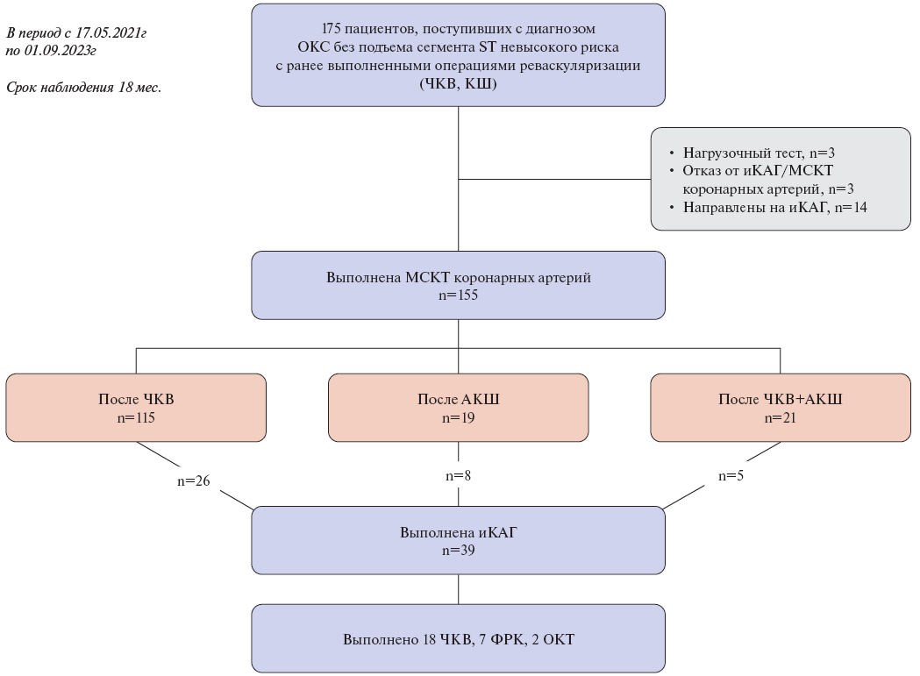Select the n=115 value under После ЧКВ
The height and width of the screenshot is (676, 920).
pyautogui.click(x=136, y=417)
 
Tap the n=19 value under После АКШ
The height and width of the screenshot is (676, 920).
pyautogui.click(x=459, y=417)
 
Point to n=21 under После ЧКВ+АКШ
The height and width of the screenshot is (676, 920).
pyautogui.click(x=781, y=417)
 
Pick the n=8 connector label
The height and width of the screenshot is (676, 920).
pyautogui.click(x=459, y=476)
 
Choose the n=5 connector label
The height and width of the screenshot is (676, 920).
pyautogui.click(x=731, y=476)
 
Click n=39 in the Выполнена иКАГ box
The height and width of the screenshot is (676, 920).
pyautogui.click(x=459, y=551)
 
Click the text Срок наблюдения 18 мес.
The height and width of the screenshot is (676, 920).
pyautogui.click(x=83, y=88)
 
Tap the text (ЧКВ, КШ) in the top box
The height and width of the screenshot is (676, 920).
pyautogui.click(x=459, y=84)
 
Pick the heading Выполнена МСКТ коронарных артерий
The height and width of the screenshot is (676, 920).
pyautogui.click(x=459, y=278)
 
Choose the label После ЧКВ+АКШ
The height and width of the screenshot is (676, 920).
pyautogui.click(x=781, y=400)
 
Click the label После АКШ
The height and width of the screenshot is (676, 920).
pyautogui.click(x=459, y=400)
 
